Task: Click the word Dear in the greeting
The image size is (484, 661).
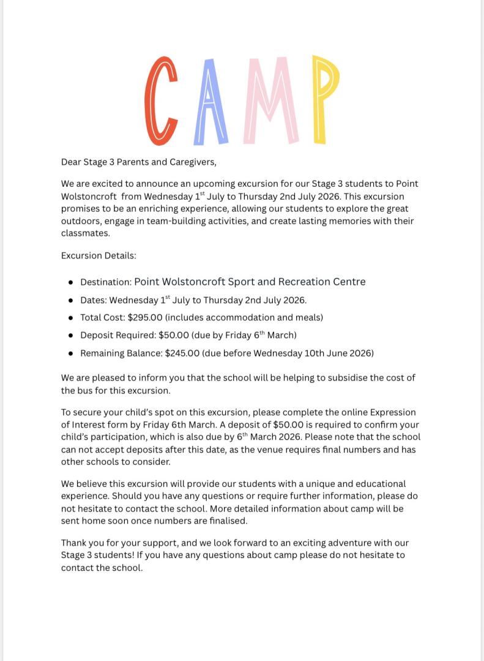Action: tap(71, 162)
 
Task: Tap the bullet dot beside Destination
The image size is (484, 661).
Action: tap(71, 282)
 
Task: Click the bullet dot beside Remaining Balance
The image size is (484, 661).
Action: tap(71, 353)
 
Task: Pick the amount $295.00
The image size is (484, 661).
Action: tap(145, 317)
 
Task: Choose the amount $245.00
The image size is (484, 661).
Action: tap(182, 353)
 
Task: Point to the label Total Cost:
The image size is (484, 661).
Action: tap(103, 317)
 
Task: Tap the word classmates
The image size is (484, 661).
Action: tap(85, 233)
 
